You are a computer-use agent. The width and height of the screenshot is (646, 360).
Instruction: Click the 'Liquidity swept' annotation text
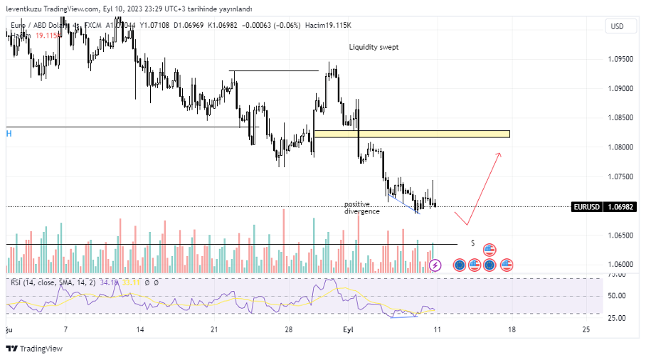(x=374, y=47)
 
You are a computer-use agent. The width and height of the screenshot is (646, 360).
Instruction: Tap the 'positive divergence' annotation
(x=361, y=208)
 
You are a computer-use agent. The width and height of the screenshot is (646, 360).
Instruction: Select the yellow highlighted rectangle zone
(x=412, y=134)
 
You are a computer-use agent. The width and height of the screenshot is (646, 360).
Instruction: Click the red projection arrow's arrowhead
(x=499, y=154)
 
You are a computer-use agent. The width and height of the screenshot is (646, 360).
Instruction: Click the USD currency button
(x=616, y=26)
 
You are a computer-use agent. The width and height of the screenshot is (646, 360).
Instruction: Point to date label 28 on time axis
(x=288, y=330)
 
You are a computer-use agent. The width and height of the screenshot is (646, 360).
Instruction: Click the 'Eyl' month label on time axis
(x=349, y=330)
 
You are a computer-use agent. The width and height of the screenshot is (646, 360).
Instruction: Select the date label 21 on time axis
(x=214, y=330)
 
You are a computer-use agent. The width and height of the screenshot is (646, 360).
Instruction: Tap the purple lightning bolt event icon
(x=435, y=265)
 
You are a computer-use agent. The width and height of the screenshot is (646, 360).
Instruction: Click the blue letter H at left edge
(x=9, y=133)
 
